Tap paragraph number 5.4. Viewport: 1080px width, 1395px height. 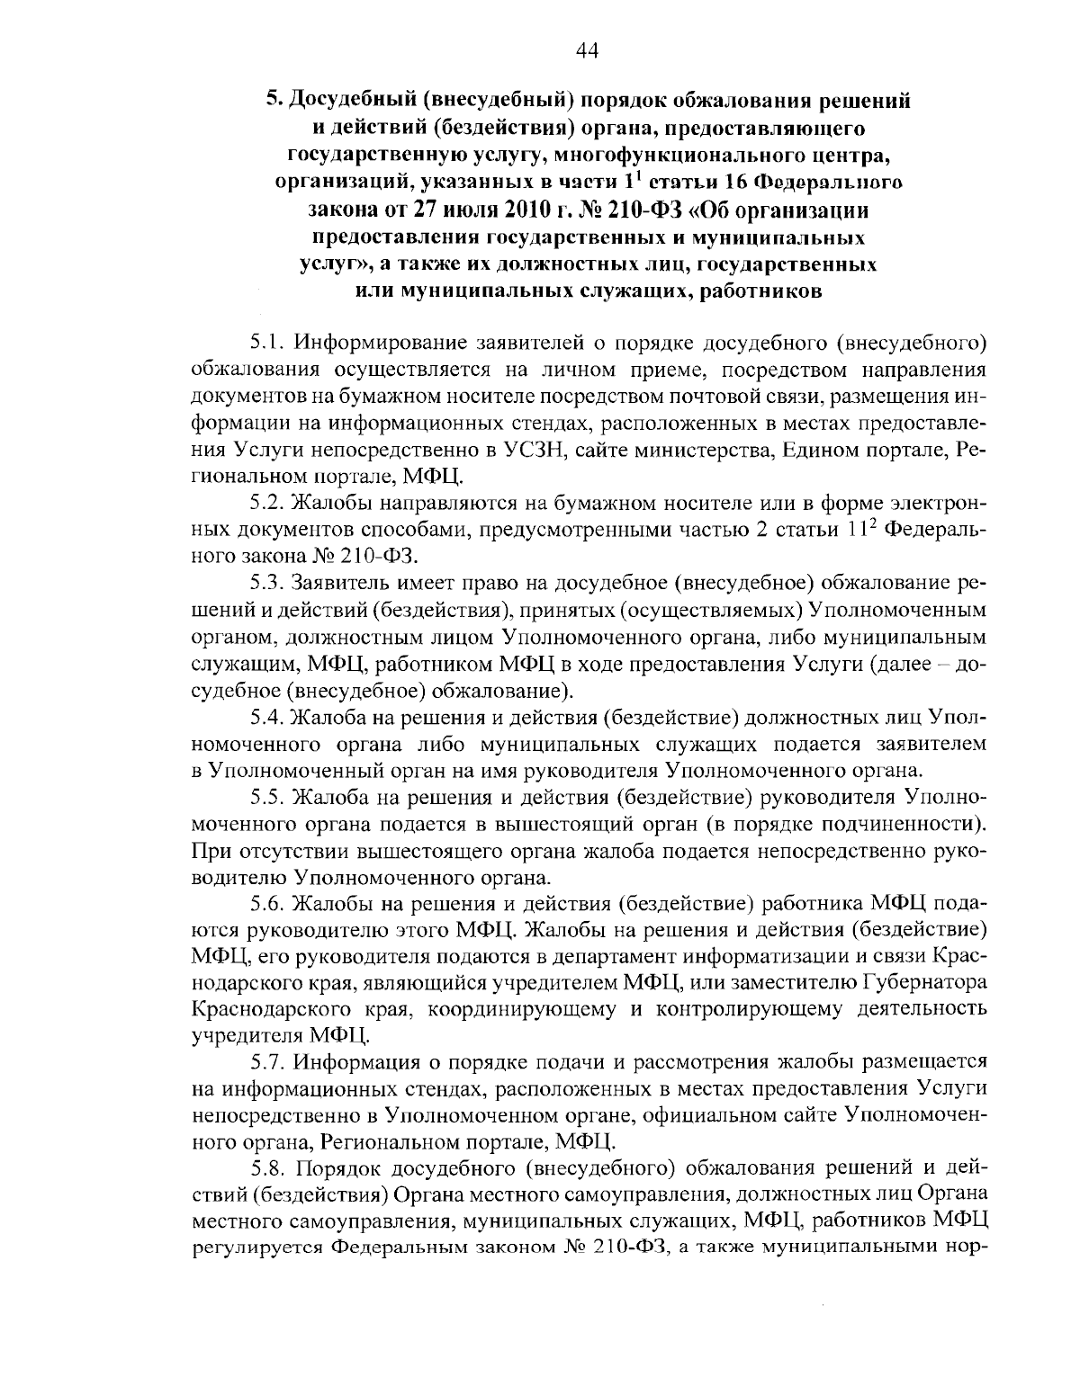pos(267,718)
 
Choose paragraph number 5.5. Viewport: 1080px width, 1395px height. pos(267,797)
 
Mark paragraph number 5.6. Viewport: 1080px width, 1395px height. pos(267,902)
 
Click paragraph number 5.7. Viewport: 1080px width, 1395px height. pos(267,1062)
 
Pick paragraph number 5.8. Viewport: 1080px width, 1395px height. pos(267,1167)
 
